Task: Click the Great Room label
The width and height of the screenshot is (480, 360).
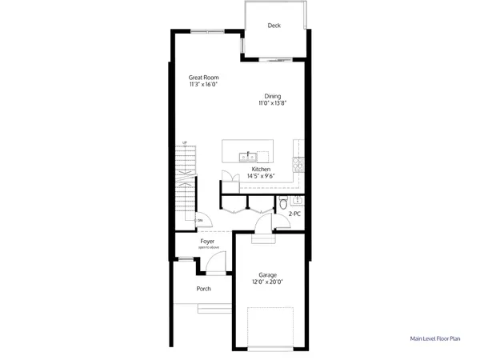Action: [204, 78]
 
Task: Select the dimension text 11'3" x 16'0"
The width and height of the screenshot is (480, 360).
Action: [204, 84]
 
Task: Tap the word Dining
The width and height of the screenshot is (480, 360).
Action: [273, 97]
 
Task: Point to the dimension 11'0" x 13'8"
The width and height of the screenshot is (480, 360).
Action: [273, 103]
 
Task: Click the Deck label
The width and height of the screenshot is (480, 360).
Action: [274, 26]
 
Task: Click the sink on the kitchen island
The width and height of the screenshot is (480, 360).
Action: [250, 154]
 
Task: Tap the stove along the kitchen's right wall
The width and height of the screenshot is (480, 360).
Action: [300, 164]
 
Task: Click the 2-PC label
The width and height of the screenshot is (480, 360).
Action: [294, 214]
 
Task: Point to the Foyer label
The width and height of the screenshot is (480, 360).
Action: [207, 241]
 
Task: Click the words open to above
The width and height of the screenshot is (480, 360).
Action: [207, 247]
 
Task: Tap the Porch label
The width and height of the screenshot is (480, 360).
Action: [204, 289]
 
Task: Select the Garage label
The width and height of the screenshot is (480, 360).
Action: [268, 275]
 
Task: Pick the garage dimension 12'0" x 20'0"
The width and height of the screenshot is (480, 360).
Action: [268, 282]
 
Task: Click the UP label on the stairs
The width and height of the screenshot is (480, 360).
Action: [185, 143]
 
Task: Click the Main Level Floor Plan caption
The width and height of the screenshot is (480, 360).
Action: [435, 339]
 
